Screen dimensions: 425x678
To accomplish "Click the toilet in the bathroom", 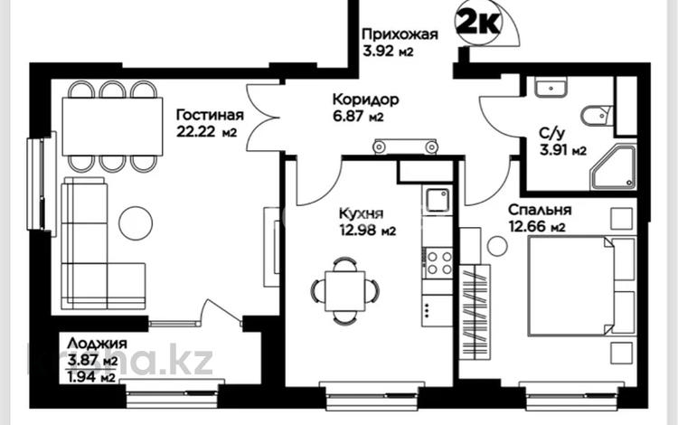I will pos(597,116).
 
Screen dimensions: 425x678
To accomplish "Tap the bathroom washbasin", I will pos(548,88).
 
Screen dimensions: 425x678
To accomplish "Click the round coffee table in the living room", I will pos(136,222).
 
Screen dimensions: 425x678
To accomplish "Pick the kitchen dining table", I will pos(345,290).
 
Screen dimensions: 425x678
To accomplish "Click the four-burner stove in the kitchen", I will pos(438,263).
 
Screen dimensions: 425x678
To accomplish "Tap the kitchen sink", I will pos(438,200).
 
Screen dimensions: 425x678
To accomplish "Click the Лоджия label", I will pos(95,344).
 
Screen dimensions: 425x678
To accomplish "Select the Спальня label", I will pos(538,210).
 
